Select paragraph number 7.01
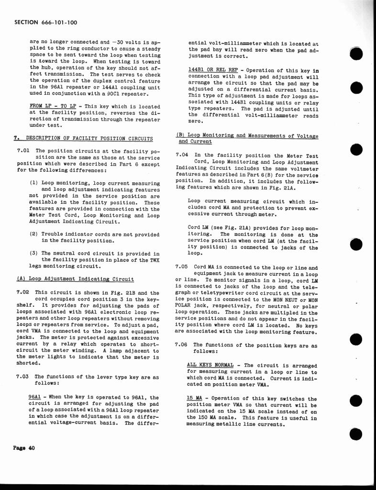pos(22,151)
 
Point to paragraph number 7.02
pos(22,292)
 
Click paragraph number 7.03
pos(22,377)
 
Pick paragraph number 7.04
pos(182,155)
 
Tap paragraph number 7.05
pos(182,267)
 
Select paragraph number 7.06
pos(182,345)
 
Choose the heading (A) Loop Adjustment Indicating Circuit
pos(75,279)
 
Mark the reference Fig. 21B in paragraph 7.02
pos(119,292)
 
